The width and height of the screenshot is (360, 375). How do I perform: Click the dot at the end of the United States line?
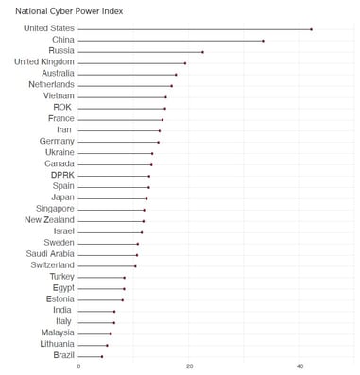[311, 29]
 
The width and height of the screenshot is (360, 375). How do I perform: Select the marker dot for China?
[263, 41]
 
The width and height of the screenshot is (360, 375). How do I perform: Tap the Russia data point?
[202, 52]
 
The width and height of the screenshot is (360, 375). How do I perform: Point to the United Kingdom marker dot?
[185, 63]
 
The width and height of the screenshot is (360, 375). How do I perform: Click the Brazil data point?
[102, 356]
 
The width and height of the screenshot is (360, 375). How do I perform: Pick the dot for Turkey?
[124, 278]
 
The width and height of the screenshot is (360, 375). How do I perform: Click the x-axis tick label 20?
[189, 366]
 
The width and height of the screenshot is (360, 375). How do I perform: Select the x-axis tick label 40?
[300, 366]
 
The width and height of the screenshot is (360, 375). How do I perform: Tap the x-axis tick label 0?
[78, 366]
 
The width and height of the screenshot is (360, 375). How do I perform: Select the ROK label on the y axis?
[62, 108]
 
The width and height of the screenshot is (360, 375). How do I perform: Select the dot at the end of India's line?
[114, 311]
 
